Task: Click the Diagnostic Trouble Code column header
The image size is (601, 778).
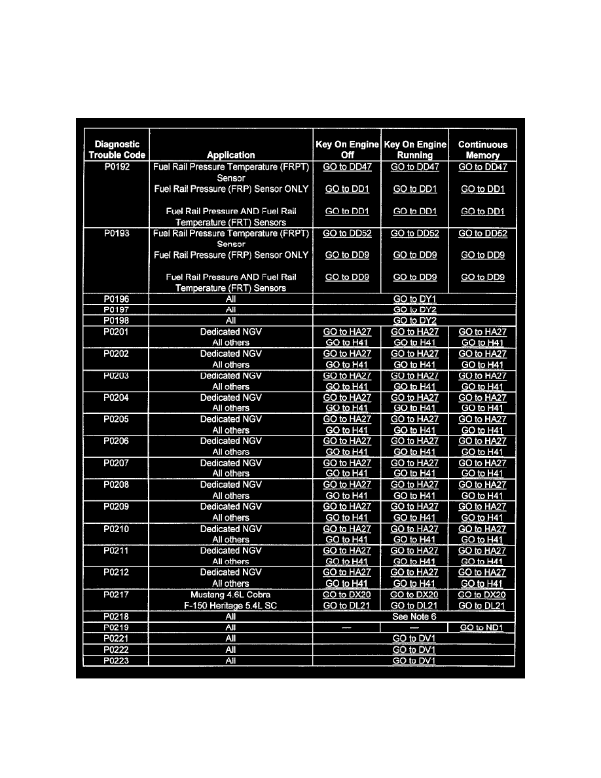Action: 117,149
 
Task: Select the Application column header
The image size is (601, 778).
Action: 230,155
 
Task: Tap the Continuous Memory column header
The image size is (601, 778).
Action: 483,149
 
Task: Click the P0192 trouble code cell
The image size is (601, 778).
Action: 117,167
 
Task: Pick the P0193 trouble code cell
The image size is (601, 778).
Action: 117,233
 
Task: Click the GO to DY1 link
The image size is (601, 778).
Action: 414,299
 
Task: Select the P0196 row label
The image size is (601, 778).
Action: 117,299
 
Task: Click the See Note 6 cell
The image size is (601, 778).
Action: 414,616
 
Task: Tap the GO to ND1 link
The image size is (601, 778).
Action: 483,627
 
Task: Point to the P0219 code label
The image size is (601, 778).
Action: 117,627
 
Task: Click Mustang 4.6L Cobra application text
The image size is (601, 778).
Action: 230,595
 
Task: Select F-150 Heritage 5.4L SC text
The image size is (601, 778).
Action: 230,606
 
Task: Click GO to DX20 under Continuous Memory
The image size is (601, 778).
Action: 483,595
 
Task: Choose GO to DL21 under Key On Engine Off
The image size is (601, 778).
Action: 347,606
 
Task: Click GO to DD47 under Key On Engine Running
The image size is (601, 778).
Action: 414,167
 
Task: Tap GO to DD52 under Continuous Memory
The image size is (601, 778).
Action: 483,233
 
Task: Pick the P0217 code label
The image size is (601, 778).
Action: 117,595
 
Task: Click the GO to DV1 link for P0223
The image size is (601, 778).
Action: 414,660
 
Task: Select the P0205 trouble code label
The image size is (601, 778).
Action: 117,419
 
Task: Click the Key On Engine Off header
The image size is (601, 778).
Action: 347,149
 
